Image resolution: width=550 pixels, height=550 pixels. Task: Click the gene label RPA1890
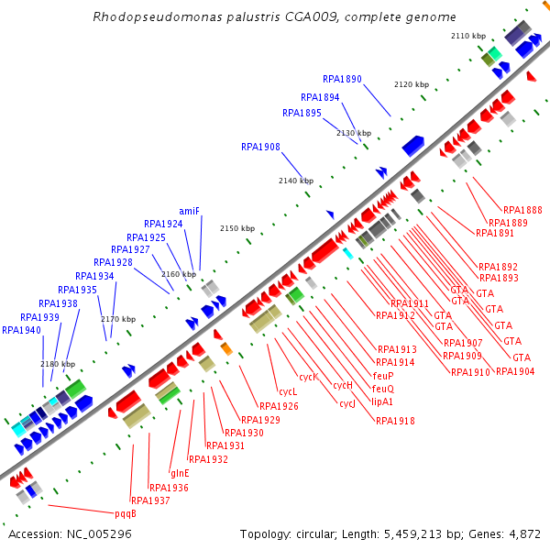[x=343, y=80]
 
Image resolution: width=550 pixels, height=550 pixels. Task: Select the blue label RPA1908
[x=260, y=147]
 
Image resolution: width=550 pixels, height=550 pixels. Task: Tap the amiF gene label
[x=190, y=210]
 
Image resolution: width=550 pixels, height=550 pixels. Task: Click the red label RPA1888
[x=522, y=210]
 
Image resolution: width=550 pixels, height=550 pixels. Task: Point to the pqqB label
[x=126, y=513]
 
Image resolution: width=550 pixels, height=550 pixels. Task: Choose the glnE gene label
[x=180, y=473]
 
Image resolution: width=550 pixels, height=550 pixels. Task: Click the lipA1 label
[x=382, y=401]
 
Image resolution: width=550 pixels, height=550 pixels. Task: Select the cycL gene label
[x=287, y=391]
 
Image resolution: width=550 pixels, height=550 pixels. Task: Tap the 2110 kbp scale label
[x=468, y=36]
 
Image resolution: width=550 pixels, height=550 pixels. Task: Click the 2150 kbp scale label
[x=237, y=228]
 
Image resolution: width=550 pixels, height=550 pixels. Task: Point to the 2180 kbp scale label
[x=58, y=364]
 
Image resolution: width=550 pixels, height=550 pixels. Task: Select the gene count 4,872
[x=523, y=533]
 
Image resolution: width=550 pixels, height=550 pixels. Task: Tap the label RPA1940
[x=21, y=330]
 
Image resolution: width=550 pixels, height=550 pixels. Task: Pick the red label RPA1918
[x=395, y=421]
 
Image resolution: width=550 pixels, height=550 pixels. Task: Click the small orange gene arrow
[x=225, y=348]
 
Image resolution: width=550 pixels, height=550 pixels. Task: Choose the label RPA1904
[x=515, y=371]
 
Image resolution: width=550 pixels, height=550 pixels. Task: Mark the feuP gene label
[x=383, y=376]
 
